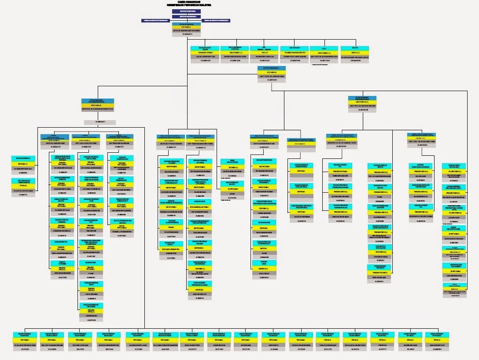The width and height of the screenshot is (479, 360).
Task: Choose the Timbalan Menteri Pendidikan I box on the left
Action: point(155,20)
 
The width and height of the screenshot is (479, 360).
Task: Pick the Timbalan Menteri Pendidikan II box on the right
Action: point(217,20)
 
